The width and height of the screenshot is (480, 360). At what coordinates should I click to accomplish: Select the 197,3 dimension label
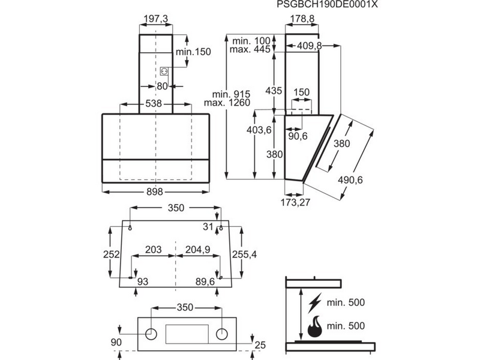(x=157, y=20)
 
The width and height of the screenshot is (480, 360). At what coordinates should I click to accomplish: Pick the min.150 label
(x=193, y=52)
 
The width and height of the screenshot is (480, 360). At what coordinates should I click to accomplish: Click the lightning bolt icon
(x=314, y=302)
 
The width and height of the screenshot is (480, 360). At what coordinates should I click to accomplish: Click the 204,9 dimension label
(x=195, y=249)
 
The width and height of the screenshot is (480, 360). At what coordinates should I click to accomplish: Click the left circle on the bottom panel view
(x=152, y=332)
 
